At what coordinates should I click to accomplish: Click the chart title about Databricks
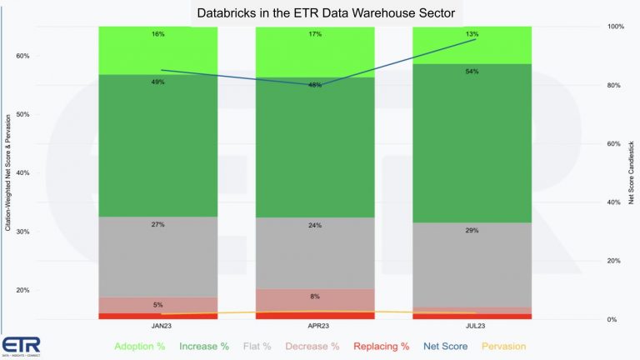[x=320, y=13]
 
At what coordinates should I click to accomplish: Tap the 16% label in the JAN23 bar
[x=157, y=34]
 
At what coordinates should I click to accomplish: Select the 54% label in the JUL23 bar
[x=472, y=72]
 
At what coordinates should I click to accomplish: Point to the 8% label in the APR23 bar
[x=314, y=296]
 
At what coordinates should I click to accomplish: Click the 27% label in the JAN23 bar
[x=157, y=224]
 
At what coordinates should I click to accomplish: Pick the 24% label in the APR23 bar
[x=314, y=225]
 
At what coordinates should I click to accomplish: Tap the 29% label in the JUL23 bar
[x=472, y=230]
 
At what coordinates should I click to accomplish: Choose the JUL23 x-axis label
[x=472, y=326]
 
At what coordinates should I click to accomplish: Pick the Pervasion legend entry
[x=504, y=345]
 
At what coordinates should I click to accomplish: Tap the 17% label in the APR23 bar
[x=314, y=34]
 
